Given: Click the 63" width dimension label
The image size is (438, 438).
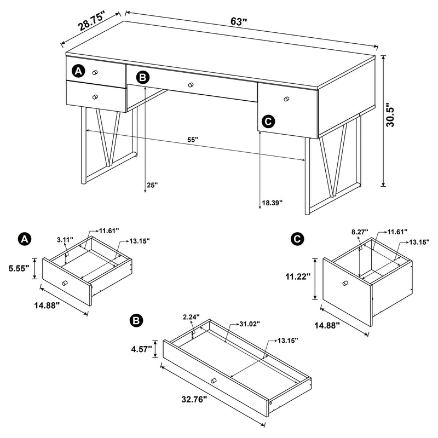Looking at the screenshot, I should tap(239, 22).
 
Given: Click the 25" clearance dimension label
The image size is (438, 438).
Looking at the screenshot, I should tap(152, 186).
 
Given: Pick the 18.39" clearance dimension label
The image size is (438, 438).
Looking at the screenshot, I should tap(272, 203).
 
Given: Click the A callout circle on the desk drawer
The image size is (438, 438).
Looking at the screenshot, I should tap(78, 72).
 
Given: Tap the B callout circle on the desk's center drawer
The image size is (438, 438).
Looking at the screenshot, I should tap(142, 78).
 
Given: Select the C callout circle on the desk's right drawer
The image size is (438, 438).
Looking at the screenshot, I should tap(268, 122).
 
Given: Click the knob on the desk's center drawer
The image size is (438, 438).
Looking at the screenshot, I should tap(191, 84).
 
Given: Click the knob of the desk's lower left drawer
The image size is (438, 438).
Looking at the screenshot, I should tap(95, 97).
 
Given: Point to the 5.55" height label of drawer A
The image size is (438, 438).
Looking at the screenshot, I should tap(19, 269).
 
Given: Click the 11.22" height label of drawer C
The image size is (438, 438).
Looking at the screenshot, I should tap(298, 278).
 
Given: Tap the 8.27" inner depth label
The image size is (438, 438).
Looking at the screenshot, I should tap(359, 232).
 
